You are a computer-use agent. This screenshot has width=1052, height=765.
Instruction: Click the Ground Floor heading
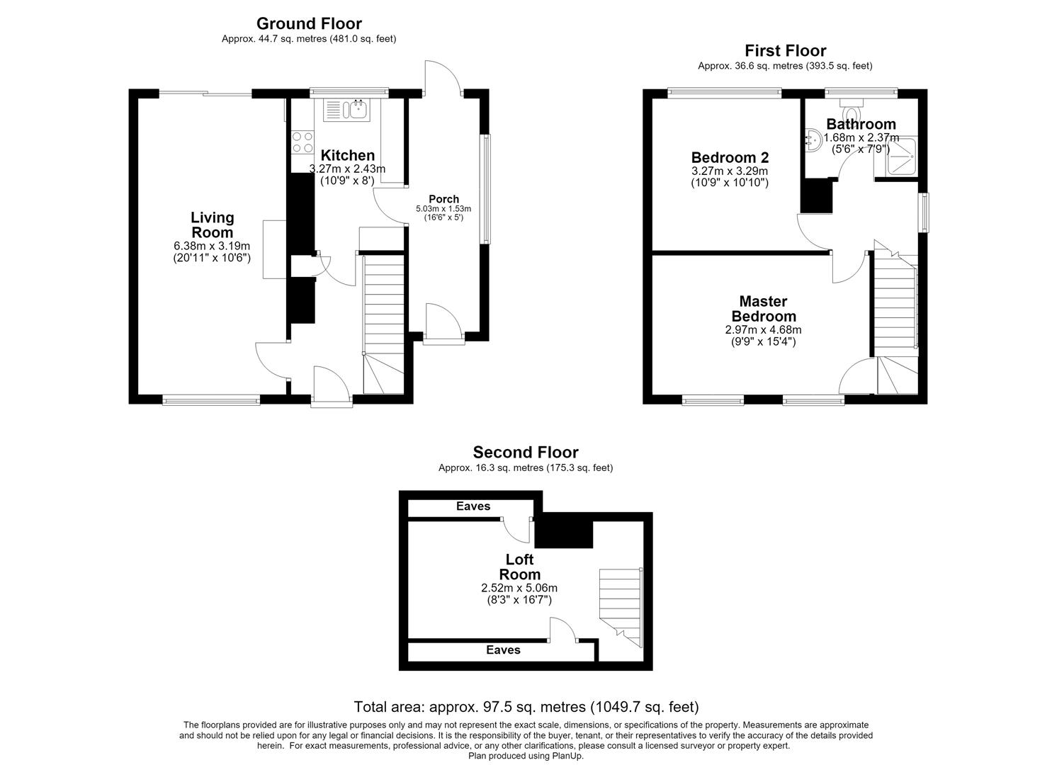click(309, 23)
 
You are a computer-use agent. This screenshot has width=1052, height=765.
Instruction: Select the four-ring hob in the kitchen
click(302, 142)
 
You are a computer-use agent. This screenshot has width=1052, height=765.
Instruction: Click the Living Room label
click(212, 225)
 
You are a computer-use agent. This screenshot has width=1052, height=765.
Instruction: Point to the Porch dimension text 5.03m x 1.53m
click(443, 208)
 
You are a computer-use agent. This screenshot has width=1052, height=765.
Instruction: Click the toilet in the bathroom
click(851, 110)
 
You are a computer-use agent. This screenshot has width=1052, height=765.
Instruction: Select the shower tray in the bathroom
click(896, 157)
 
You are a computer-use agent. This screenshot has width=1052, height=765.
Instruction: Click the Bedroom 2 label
click(730, 157)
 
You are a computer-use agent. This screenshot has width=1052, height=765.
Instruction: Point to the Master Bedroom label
click(763, 309)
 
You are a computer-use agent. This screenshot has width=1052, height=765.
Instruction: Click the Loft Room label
click(519, 567)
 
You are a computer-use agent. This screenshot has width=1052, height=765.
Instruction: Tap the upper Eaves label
click(473, 506)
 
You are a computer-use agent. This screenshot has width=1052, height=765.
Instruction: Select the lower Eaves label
click(503, 650)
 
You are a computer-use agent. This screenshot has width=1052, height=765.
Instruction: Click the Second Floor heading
click(526, 452)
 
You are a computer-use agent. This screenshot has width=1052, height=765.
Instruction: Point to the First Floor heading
click(785, 50)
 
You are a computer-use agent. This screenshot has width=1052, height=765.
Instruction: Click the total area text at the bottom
click(526, 707)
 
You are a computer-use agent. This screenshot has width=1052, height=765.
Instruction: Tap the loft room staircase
click(621, 608)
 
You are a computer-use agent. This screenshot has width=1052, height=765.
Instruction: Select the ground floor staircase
click(383, 324)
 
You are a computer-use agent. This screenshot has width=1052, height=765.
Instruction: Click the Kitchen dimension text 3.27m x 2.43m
click(347, 169)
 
